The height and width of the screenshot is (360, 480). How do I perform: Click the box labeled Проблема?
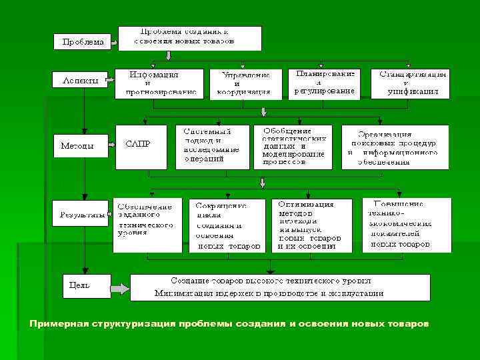click(83, 42)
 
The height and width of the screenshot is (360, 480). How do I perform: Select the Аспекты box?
click(80, 81)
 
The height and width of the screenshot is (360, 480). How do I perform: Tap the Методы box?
click(80, 145)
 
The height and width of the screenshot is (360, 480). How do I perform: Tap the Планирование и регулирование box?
click(325, 83)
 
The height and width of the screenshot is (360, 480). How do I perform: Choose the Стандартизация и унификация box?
click(413, 83)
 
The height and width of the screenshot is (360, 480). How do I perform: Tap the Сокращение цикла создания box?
click(227, 225)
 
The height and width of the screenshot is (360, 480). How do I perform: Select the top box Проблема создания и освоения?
click(190, 38)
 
